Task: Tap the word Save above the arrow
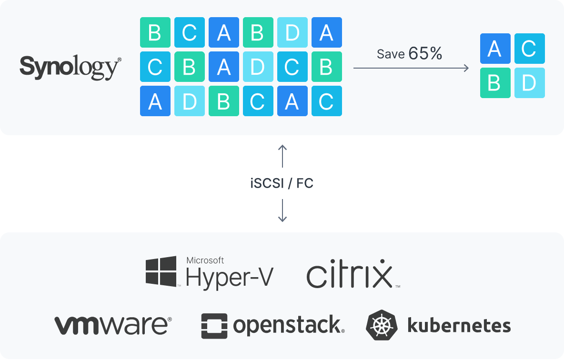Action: (x=391, y=54)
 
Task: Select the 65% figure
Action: (x=425, y=54)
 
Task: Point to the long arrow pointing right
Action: (x=411, y=68)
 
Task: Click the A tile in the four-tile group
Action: (x=495, y=49)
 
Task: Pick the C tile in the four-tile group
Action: (x=529, y=49)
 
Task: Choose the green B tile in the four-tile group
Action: (x=495, y=83)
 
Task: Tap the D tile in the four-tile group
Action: (x=529, y=83)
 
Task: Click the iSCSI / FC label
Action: (x=282, y=183)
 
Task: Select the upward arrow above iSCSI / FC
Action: (x=282, y=156)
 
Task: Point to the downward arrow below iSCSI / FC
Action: (x=282, y=210)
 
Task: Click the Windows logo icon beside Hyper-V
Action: (x=161, y=271)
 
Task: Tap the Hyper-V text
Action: (x=230, y=278)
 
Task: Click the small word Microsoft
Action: (x=205, y=260)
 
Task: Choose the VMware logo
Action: (x=113, y=325)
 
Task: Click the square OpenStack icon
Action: (x=214, y=326)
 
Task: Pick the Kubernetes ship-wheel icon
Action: (x=382, y=325)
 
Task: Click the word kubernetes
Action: (x=459, y=326)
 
